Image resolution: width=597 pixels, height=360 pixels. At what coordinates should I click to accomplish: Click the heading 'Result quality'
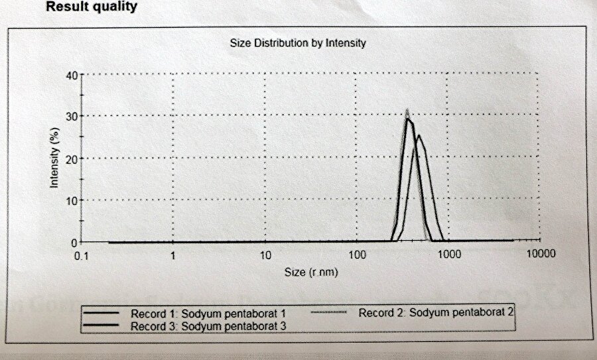[92, 7]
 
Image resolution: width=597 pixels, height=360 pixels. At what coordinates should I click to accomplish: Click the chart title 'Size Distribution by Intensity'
[298, 43]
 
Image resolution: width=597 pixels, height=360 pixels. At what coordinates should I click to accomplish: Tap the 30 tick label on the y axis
[72, 117]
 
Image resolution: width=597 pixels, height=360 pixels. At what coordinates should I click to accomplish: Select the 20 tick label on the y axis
[72, 158]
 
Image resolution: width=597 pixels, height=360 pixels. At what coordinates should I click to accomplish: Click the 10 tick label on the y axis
[72, 200]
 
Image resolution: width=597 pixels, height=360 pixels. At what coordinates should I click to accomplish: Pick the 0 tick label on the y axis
[75, 242]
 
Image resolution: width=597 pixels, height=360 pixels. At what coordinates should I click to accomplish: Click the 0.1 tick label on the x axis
[82, 254]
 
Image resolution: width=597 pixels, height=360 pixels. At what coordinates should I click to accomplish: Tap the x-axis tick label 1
[173, 255]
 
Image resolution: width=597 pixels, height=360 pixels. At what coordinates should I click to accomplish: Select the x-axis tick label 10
[265, 255]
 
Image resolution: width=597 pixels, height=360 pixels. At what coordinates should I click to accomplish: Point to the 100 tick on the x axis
[357, 255]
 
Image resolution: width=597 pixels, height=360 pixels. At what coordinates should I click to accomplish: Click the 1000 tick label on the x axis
[449, 254]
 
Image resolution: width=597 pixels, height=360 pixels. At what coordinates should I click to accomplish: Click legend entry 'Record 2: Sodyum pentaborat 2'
[436, 310]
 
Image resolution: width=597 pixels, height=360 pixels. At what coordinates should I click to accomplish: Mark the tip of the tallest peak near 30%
[407, 111]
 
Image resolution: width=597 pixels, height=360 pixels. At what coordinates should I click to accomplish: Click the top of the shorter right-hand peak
[418, 136]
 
